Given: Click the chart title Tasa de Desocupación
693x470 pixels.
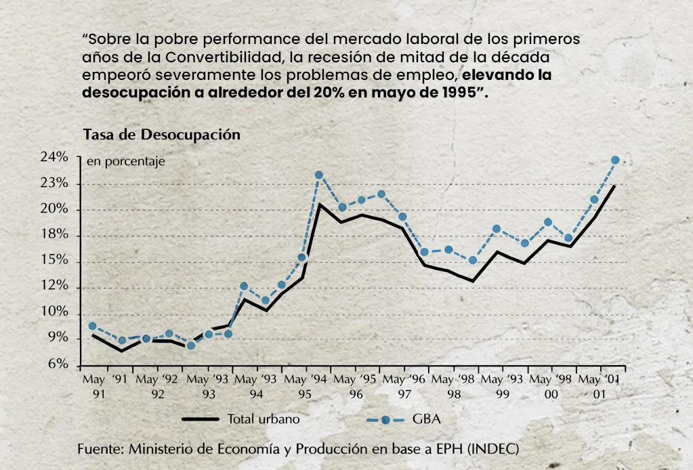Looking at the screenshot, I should pos(161,135).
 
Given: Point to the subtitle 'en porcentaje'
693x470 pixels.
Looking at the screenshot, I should pos(125,162).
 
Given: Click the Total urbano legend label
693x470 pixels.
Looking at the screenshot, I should pos(264,419).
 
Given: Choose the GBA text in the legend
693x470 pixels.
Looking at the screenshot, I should pos(427,419).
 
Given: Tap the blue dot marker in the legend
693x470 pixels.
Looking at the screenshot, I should pos(385,420).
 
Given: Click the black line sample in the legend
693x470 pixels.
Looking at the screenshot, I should pos(200,420).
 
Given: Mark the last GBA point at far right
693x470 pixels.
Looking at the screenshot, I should pos(615,161).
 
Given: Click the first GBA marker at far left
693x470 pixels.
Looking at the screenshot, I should pos(92,326).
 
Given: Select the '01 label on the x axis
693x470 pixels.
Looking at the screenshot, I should pos(612,378).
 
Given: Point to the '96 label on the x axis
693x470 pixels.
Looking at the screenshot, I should pos(415,378).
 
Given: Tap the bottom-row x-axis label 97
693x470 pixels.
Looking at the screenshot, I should pos(404,393).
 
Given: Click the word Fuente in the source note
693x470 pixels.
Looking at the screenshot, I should pos(100,449).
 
